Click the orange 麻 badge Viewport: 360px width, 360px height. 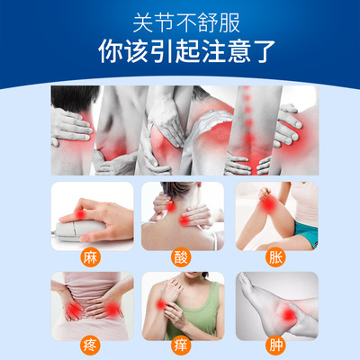click(x=90, y=257)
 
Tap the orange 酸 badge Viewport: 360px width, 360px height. click(x=181, y=257)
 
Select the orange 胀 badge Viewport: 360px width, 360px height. click(x=275, y=257)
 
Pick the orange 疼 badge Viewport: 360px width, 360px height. click(x=90, y=346)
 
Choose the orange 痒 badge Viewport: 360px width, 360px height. click(x=181, y=346)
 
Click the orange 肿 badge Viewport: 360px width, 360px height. click(x=275, y=346)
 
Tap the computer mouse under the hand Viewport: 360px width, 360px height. click(x=79, y=230)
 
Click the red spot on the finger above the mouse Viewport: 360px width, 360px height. click(x=80, y=214)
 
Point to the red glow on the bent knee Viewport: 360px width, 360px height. click(x=267, y=204)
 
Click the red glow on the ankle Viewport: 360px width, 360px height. click(x=287, y=314)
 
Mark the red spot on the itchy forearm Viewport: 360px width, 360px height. click(x=161, y=305)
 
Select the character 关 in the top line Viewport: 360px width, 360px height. click(x=143, y=22)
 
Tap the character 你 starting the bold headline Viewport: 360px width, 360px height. click(x=110, y=51)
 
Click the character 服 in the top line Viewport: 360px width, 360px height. click(x=229, y=22)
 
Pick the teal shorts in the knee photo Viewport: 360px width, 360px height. click(x=306, y=233)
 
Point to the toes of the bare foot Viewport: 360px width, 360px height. click(x=245, y=281)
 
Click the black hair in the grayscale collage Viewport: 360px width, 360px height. click(x=73, y=96)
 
